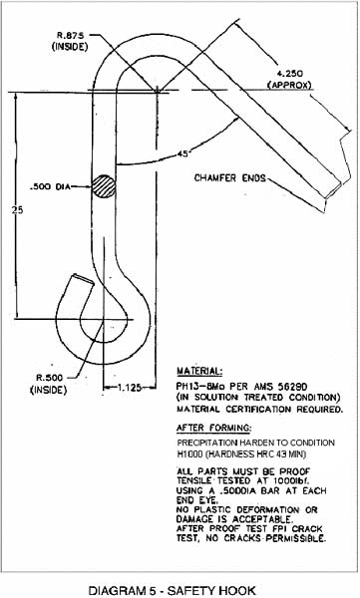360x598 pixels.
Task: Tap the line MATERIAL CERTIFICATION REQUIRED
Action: click(259, 408)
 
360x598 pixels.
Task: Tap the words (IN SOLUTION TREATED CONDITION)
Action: click(258, 396)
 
